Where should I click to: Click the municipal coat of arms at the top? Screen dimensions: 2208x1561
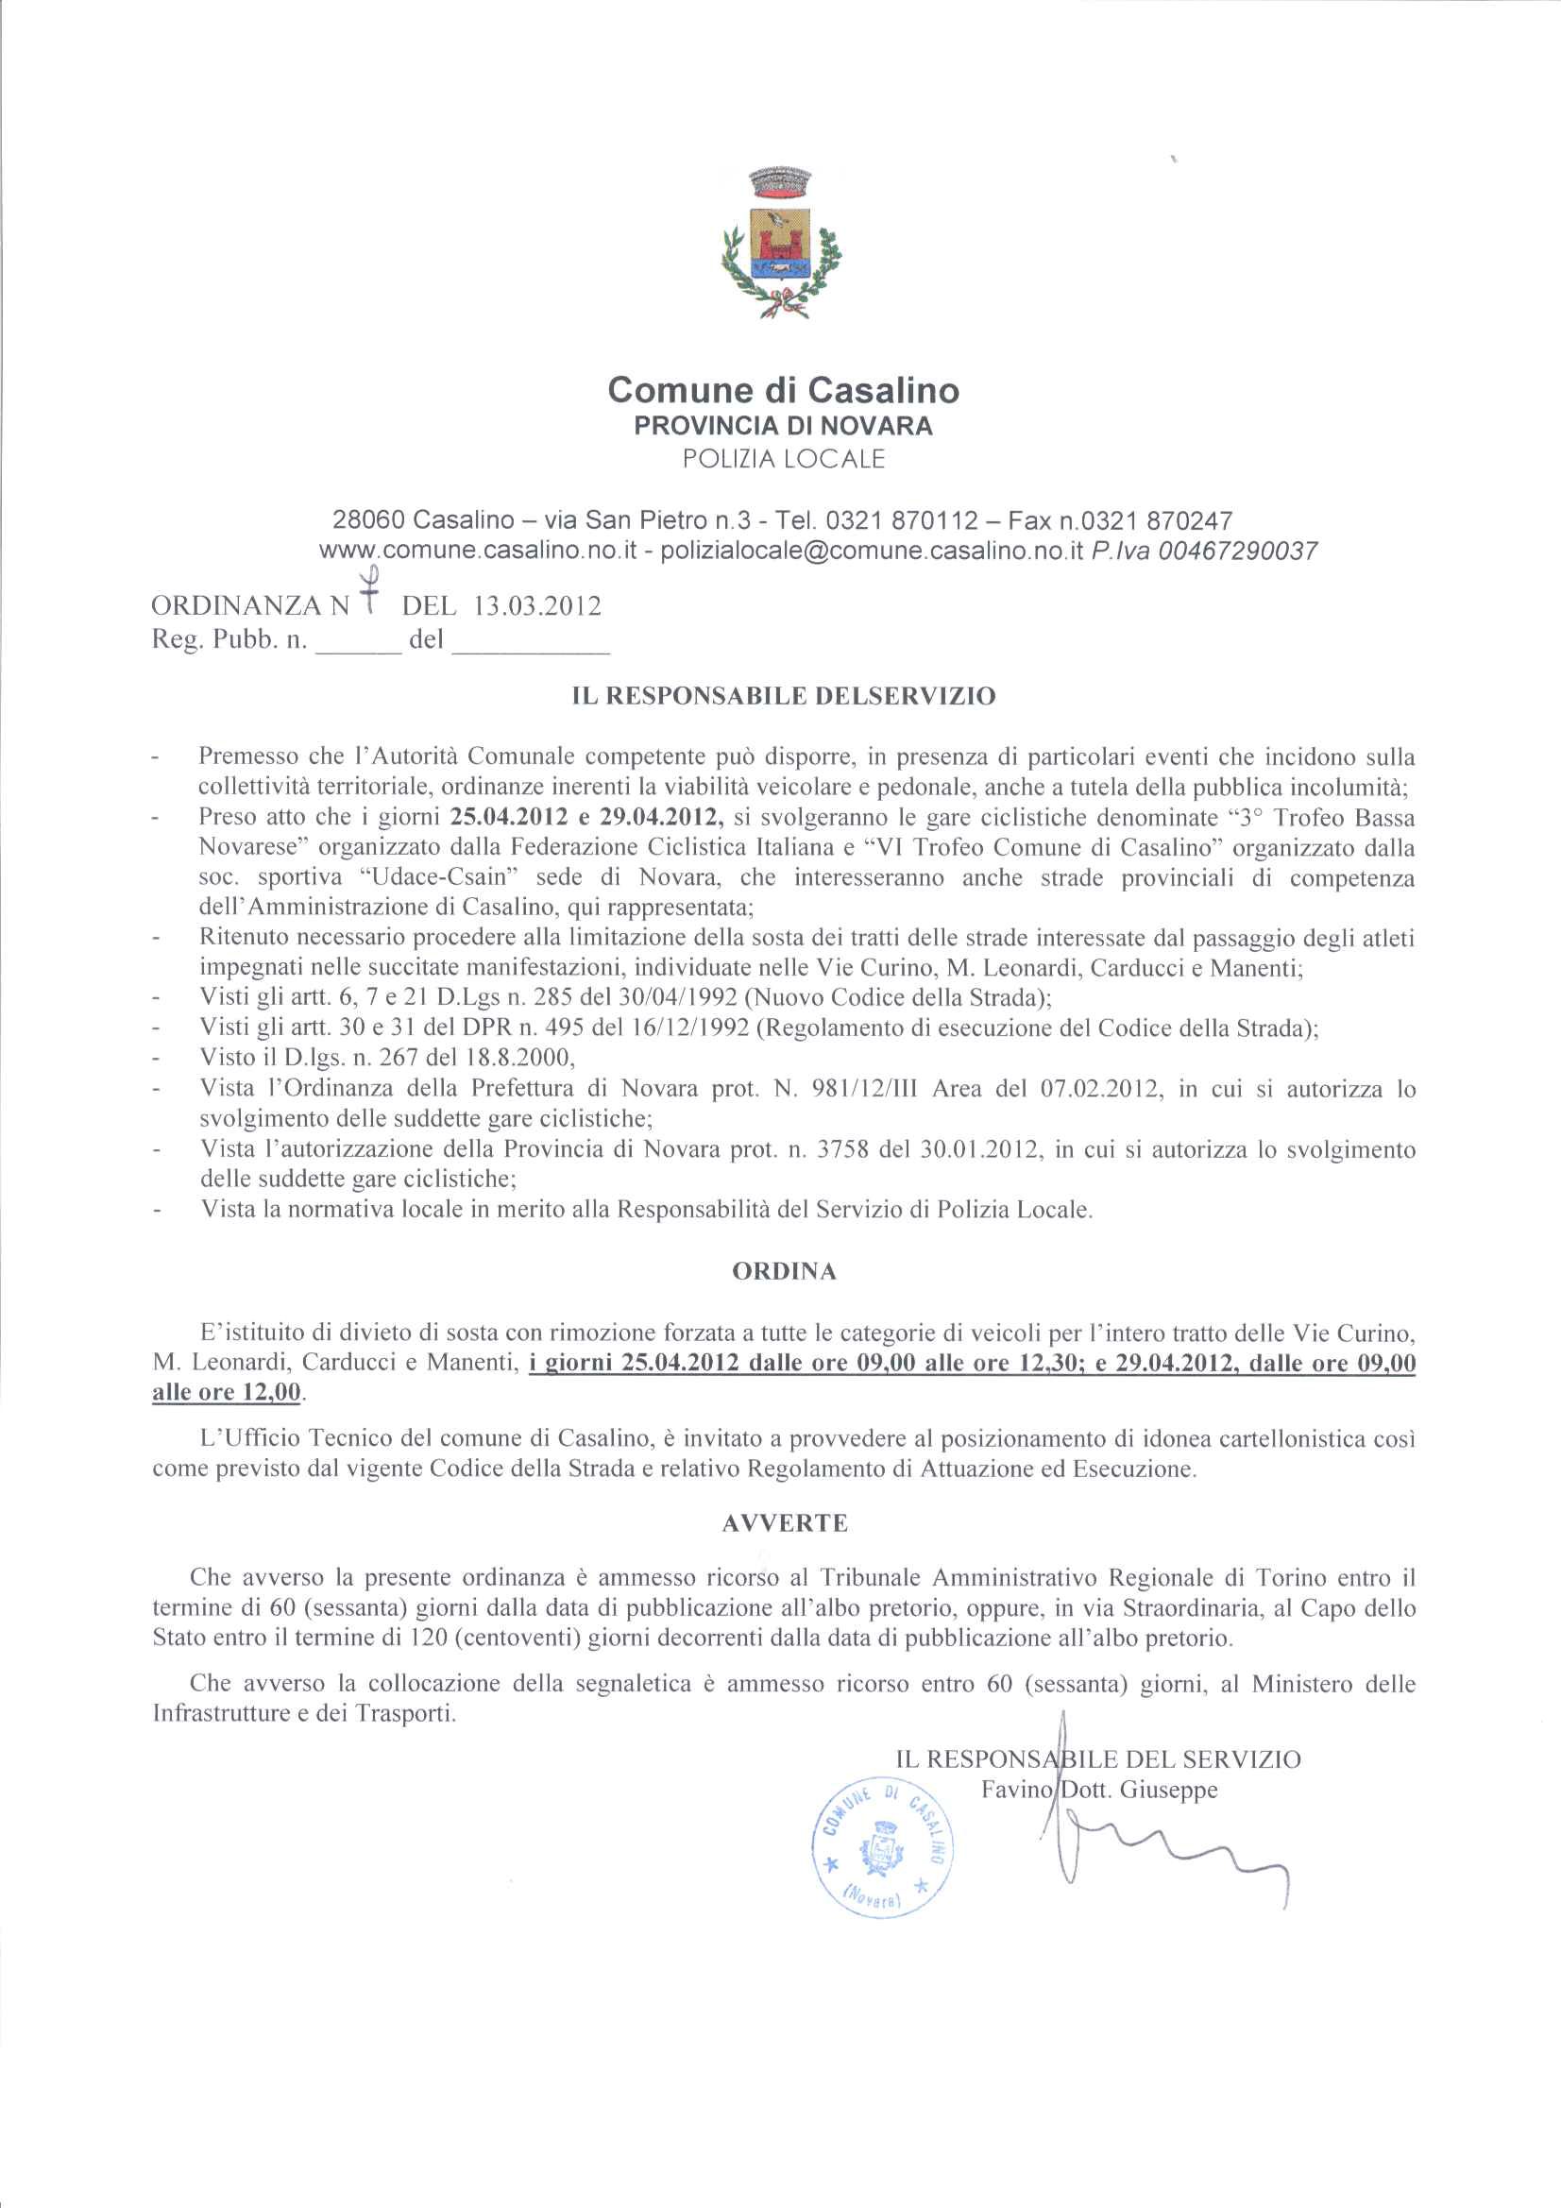[x=780, y=244]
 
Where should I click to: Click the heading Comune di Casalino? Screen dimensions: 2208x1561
[x=783, y=389]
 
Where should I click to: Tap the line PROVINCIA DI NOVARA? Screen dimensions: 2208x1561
[x=783, y=426]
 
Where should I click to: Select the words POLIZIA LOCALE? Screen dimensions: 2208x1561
[x=783, y=459]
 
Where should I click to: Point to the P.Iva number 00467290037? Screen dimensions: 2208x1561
[x=1238, y=551]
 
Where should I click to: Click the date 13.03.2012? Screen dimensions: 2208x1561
[x=536, y=606]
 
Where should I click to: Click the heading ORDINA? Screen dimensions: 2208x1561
[x=784, y=1271]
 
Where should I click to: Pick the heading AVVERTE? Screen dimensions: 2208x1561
[x=784, y=1523]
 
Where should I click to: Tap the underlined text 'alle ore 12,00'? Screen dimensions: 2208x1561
[x=226, y=1391]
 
